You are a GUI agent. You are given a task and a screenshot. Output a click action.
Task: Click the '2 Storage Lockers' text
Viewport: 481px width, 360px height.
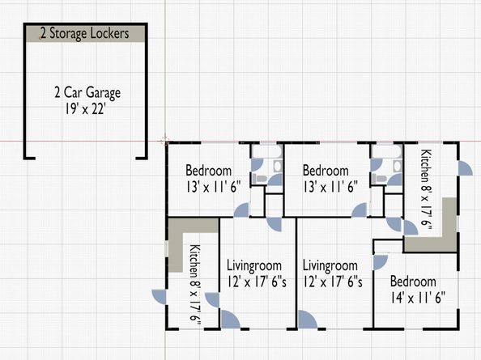pyautogui.click(x=85, y=33)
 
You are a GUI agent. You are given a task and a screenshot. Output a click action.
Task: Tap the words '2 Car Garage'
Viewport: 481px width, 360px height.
pyautogui.click(x=87, y=92)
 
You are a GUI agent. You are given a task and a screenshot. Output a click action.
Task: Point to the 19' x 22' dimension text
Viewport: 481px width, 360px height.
pyautogui.click(x=85, y=108)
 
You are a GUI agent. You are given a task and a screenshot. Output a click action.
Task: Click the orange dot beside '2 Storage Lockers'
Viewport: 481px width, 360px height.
pyautogui.click(x=40, y=38)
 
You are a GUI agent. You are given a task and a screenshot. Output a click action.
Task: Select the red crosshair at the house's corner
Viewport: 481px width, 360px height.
pyautogui.click(x=165, y=142)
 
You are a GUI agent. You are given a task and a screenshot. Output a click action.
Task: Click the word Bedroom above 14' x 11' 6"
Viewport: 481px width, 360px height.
pyautogui.click(x=413, y=282)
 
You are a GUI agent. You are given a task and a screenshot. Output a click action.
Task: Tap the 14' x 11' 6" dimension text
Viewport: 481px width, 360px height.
pyautogui.click(x=418, y=298)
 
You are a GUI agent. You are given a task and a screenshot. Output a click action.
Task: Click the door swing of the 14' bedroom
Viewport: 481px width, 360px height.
pyautogui.click(x=381, y=262)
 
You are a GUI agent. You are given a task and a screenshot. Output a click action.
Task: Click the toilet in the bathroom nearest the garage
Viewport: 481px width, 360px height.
pyautogui.click(x=260, y=178)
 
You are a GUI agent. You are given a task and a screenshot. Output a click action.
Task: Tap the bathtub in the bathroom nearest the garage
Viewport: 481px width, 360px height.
pyautogui.click(x=266, y=151)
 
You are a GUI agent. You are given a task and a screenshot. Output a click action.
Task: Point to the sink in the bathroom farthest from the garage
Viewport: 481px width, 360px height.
pyautogui.click(x=397, y=166)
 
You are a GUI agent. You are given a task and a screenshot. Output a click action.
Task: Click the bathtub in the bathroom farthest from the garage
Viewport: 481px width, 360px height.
pyautogui.click(x=386, y=151)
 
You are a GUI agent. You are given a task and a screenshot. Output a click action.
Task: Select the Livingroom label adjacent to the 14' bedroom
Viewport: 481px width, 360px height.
pyautogui.click(x=330, y=265)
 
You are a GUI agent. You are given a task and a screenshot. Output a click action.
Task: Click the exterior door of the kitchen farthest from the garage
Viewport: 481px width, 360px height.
pyautogui.click(x=465, y=168)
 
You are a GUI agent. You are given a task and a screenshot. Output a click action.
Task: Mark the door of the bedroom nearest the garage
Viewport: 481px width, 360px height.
pyautogui.click(x=241, y=210)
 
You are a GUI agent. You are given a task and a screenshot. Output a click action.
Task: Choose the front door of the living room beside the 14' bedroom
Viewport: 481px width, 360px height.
pyautogui.click(x=307, y=320)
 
